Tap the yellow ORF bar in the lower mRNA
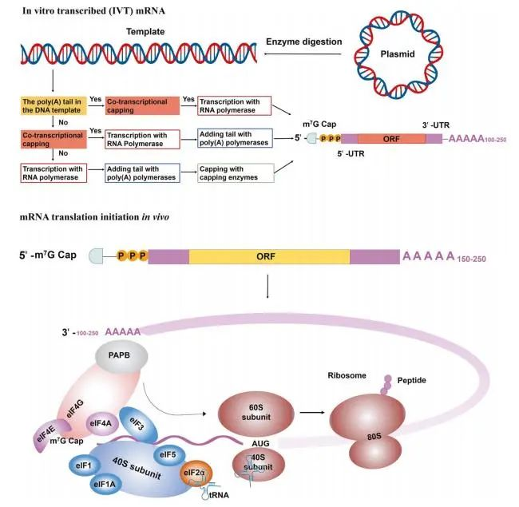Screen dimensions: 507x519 269,257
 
